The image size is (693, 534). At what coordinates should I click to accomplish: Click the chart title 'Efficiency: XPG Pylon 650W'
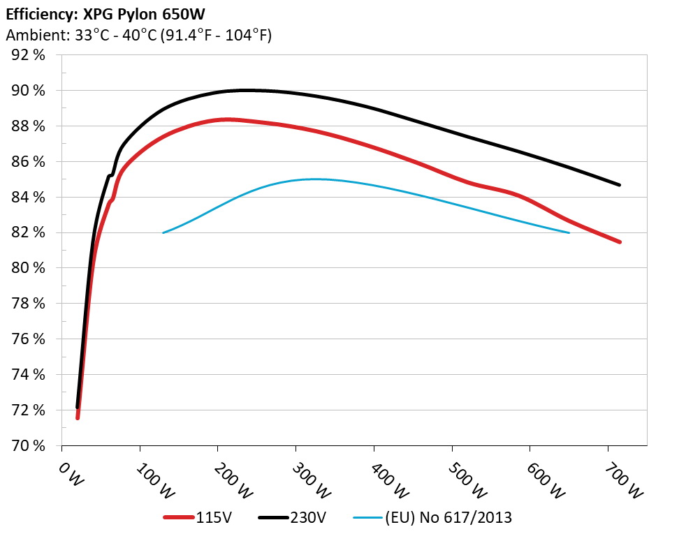tap(106, 13)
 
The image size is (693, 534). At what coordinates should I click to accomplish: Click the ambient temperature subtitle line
tap(138, 35)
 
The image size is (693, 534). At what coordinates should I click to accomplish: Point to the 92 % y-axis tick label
tap(29, 55)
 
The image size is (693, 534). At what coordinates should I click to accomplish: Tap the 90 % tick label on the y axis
tap(29, 91)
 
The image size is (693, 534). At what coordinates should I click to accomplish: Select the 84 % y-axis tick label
tap(29, 198)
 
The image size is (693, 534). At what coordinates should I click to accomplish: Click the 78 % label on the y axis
tap(29, 304)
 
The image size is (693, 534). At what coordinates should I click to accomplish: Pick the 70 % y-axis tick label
tap(29, 445)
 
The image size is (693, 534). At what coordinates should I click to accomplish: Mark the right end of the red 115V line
tap(619, 242)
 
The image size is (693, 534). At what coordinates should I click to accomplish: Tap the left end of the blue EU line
tap(163, 232)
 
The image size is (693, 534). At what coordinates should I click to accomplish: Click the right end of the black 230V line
tap(619, 185)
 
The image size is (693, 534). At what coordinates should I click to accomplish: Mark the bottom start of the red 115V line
tap(78, 417)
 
